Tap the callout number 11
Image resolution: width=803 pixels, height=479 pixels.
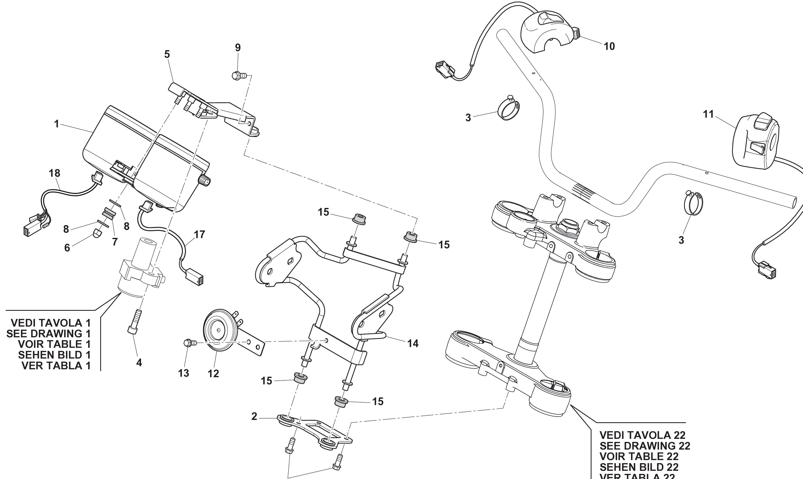pos(708,114)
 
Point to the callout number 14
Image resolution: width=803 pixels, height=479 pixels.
pos(413,343)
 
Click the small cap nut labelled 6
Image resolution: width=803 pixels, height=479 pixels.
pos(98,233)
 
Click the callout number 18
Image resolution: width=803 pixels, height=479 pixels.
pos(54,173)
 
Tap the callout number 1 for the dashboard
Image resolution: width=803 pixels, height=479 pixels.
pos(56,124)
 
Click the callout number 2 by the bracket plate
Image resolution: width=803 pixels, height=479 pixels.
pos(254,417)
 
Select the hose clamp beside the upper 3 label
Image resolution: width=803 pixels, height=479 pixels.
pos(509,110)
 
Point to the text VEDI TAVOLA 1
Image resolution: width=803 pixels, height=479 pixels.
pos(51,323)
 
